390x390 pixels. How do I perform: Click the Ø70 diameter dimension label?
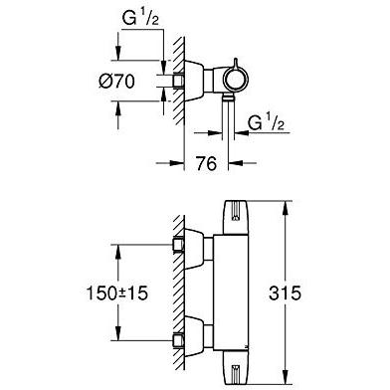tap(116, 82)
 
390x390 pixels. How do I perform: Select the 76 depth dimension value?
tap(206, 163)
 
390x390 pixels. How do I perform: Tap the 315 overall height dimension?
tap(285, 292)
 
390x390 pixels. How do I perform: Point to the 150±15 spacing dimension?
tap(116, 293)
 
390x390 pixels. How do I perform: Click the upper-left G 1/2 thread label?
tap(140, 19)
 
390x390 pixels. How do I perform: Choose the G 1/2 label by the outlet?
tap(266, 123)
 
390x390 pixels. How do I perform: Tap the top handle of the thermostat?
tap(236, 218)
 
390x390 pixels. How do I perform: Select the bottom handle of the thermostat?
tap(236, 367)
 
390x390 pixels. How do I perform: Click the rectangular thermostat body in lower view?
tap(231, 292)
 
